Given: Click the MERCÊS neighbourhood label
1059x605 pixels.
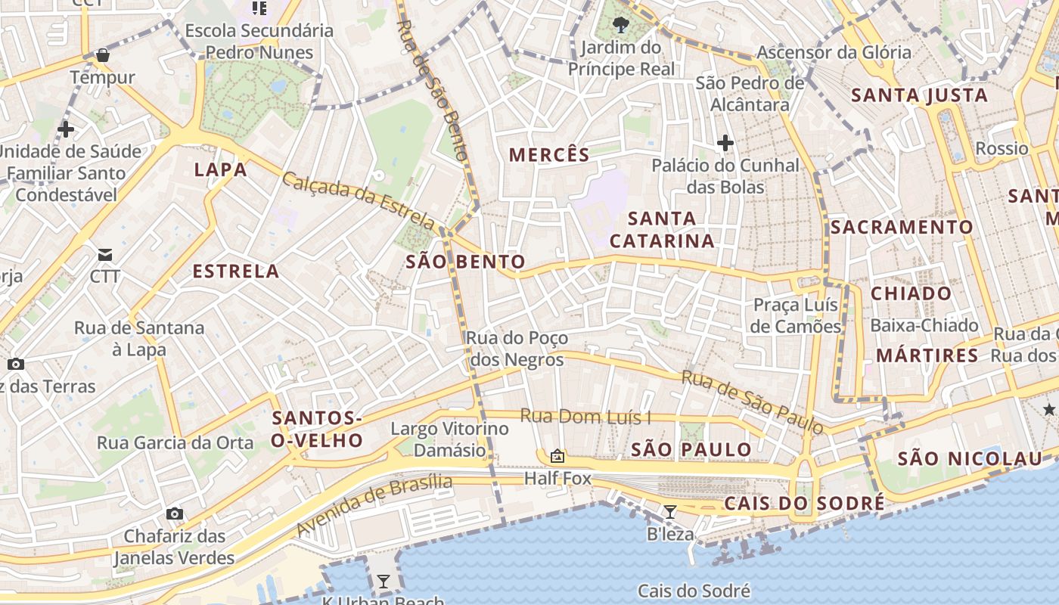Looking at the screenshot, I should [x=548, y=155].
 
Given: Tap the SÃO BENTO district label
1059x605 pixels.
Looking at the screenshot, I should [x=465, y=262].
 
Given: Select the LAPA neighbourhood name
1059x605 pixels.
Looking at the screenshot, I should [x=221, y=169].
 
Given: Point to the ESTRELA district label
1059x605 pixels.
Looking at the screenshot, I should [x=236, y=271].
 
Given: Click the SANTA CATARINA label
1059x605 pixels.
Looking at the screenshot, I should [x=662, y=229].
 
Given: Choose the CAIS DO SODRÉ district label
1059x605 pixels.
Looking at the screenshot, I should [x=804, y=504].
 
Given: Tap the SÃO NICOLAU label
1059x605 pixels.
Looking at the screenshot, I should [x=970, y=458].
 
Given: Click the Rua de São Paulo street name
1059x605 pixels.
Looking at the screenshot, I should [x=752, y=402].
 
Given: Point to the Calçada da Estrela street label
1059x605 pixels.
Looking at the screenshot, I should [x=359, y=200].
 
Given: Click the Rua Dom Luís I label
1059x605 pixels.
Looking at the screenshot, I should [x=585, y=417].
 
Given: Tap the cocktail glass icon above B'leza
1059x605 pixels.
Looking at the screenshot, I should [x=669, y=512].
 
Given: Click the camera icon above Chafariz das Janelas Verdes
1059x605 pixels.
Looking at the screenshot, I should [x=175, y=514].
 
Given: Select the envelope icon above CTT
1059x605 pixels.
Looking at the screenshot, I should [x=104, y=254].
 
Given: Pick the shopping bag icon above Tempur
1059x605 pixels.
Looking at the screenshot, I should [x=103, y=55].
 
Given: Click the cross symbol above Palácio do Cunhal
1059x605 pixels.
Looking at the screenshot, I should [x=725, y=142].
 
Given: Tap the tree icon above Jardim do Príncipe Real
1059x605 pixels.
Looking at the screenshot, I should [x=621, y=24].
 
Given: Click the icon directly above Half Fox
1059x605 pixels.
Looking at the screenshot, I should [x=557, y=456].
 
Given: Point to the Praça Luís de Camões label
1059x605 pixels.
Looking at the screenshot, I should [x=797, y=315].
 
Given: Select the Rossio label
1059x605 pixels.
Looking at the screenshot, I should [x=1002, y=148].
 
